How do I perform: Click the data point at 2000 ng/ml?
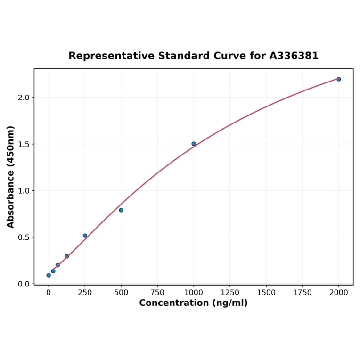tap(338, 79)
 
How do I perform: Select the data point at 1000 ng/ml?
tap(194, 144)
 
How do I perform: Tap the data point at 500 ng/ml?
tap(121, 210)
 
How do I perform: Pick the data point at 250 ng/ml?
tap(85, 236)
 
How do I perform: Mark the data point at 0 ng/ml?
tap(49, 275)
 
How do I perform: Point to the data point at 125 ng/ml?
tap(67, 256)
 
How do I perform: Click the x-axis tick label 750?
tap(157, 293)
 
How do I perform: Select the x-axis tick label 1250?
tap(230, 293)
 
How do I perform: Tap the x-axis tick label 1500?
tap(266, 293)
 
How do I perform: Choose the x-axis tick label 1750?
tap(303, 293)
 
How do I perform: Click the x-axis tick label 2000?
tap(338, 293)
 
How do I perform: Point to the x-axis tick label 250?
tap(85, 293)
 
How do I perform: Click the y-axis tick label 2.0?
tap(24, 98)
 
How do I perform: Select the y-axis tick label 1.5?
tap(24, 144)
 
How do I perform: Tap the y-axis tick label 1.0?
tap(24, 191)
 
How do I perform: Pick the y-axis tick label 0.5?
tap(24, 237)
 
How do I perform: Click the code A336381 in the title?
tap(294, 56)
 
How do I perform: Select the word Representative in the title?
tap(111, 56)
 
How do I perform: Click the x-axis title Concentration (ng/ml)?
tap(193, 303)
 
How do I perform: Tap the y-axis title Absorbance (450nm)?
tap(10, 177)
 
